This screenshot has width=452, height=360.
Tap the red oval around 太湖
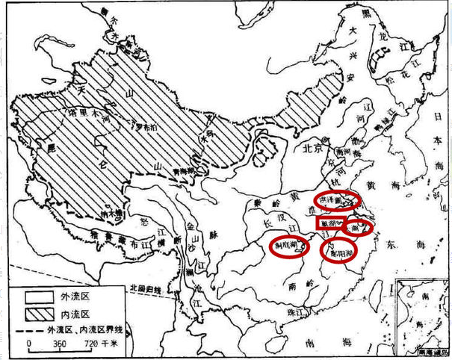click(359, 228)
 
